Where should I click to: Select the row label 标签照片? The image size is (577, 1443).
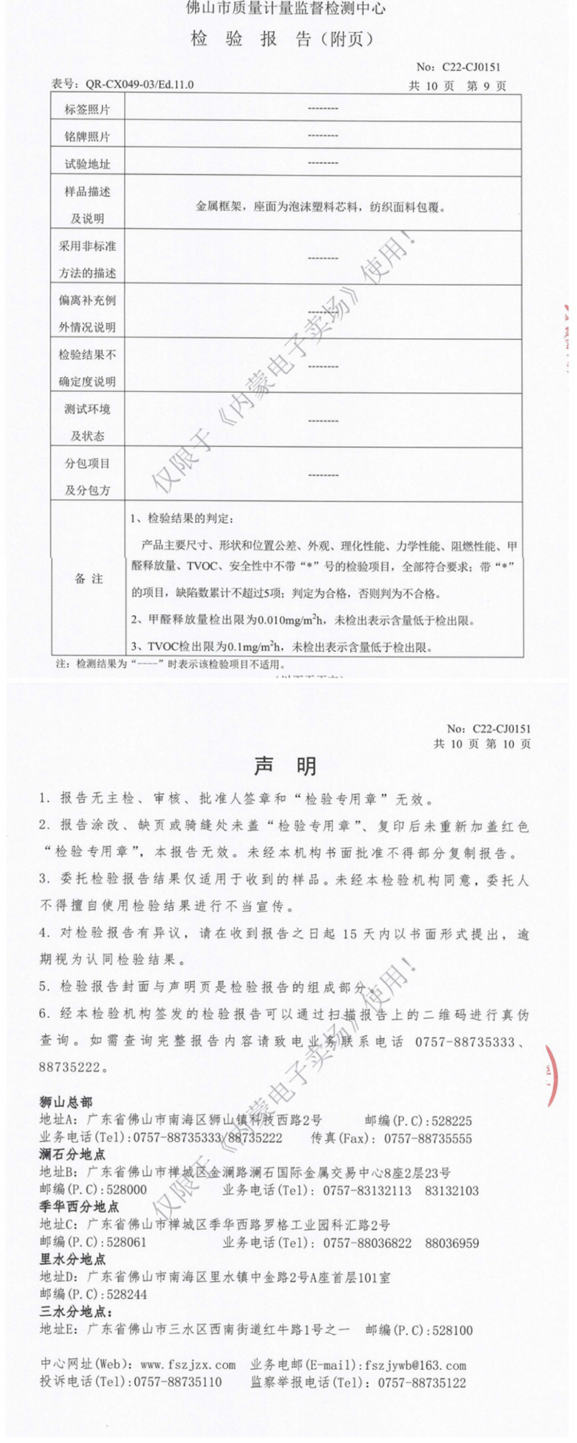click(x=87, y=110)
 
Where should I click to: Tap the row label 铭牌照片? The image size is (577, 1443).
click(x=87, y=137)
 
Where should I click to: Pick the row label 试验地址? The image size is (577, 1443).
click(x=87, y=164)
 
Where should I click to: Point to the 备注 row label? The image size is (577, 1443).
click(x=89, y=578)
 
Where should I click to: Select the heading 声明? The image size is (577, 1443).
click(x=286, y=766)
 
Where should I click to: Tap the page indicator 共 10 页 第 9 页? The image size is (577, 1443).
click(x=457, y=86)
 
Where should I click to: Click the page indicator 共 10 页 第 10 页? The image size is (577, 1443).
click(x=482, y=744)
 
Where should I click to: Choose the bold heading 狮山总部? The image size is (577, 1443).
click(x=65, y=1102)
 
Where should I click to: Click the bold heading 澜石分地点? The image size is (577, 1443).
click(x=72, y=1154)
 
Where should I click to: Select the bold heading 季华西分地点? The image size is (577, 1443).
click(x=79, y=1207)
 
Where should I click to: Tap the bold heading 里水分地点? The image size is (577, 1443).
click(x=72, y=1259)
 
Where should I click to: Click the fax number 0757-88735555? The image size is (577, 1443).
click(x=428, y=1138)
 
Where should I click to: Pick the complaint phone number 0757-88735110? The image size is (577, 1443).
click(x=178, y=1382)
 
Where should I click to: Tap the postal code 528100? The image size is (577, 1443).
click(x=453, y=1329)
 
